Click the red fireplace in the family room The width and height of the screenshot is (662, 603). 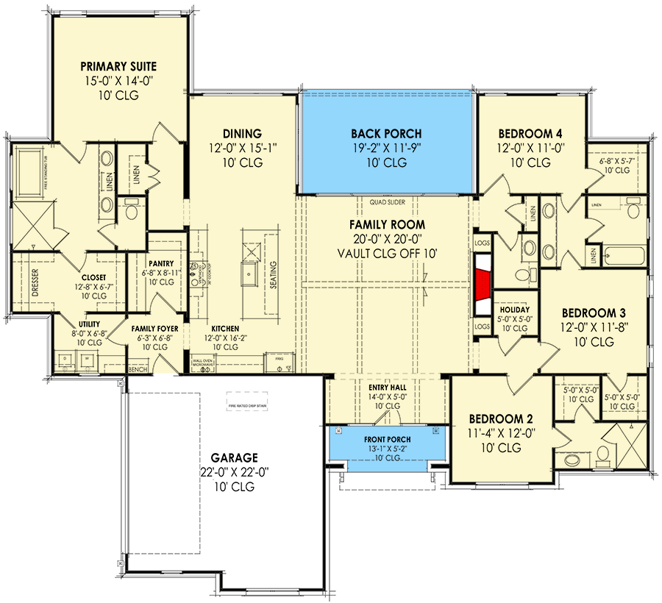coord(483,283)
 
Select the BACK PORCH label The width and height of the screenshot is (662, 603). coord(386,134)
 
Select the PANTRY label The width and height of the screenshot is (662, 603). coord(160,261)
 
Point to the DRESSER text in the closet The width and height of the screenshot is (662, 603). coord(35,279)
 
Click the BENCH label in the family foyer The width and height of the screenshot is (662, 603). coord(137,369)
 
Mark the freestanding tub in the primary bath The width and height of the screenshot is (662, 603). coord(32,174)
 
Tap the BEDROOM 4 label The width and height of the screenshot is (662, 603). coord(530,134)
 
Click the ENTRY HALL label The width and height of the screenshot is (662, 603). coord(386,386)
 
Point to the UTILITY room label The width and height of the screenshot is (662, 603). coord(90,324)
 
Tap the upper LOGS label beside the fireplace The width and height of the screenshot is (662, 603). coord(483,241)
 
